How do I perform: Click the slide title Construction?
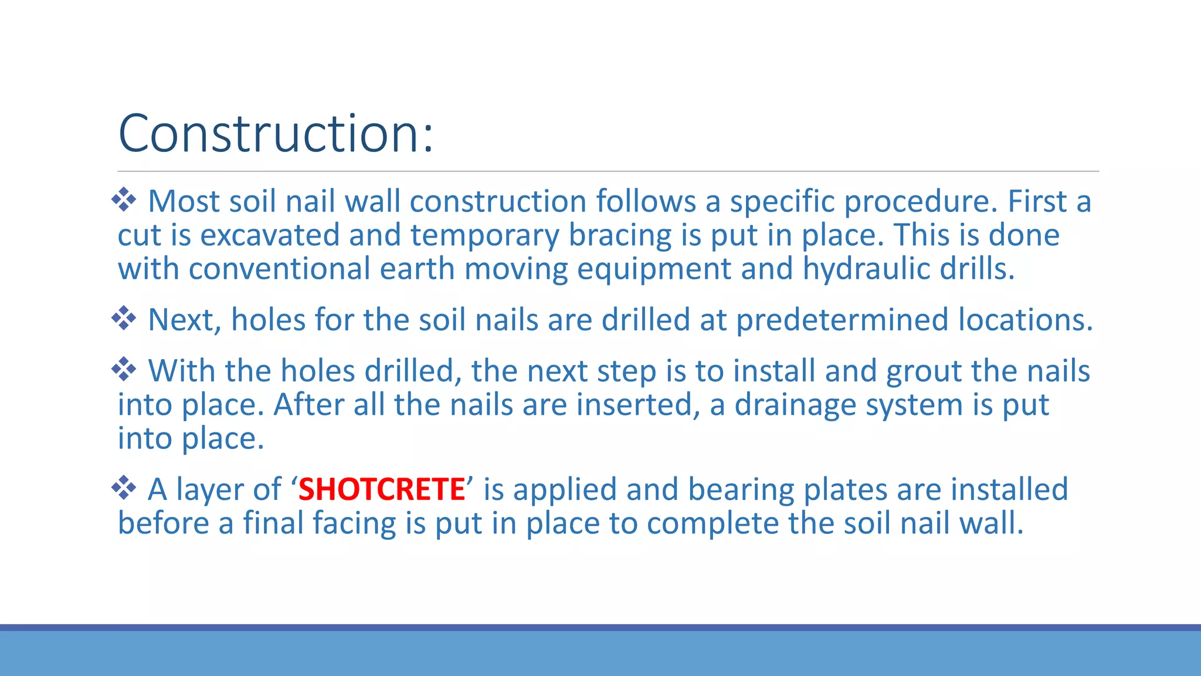tap(276, 134)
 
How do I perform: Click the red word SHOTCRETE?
tap(381, 489)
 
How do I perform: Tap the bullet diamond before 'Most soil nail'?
tap(124, 200)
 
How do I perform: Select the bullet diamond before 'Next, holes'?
tap(124, 319)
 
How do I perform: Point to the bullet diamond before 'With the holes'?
tap(124, 370)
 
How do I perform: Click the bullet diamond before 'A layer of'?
tap(124, 488)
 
